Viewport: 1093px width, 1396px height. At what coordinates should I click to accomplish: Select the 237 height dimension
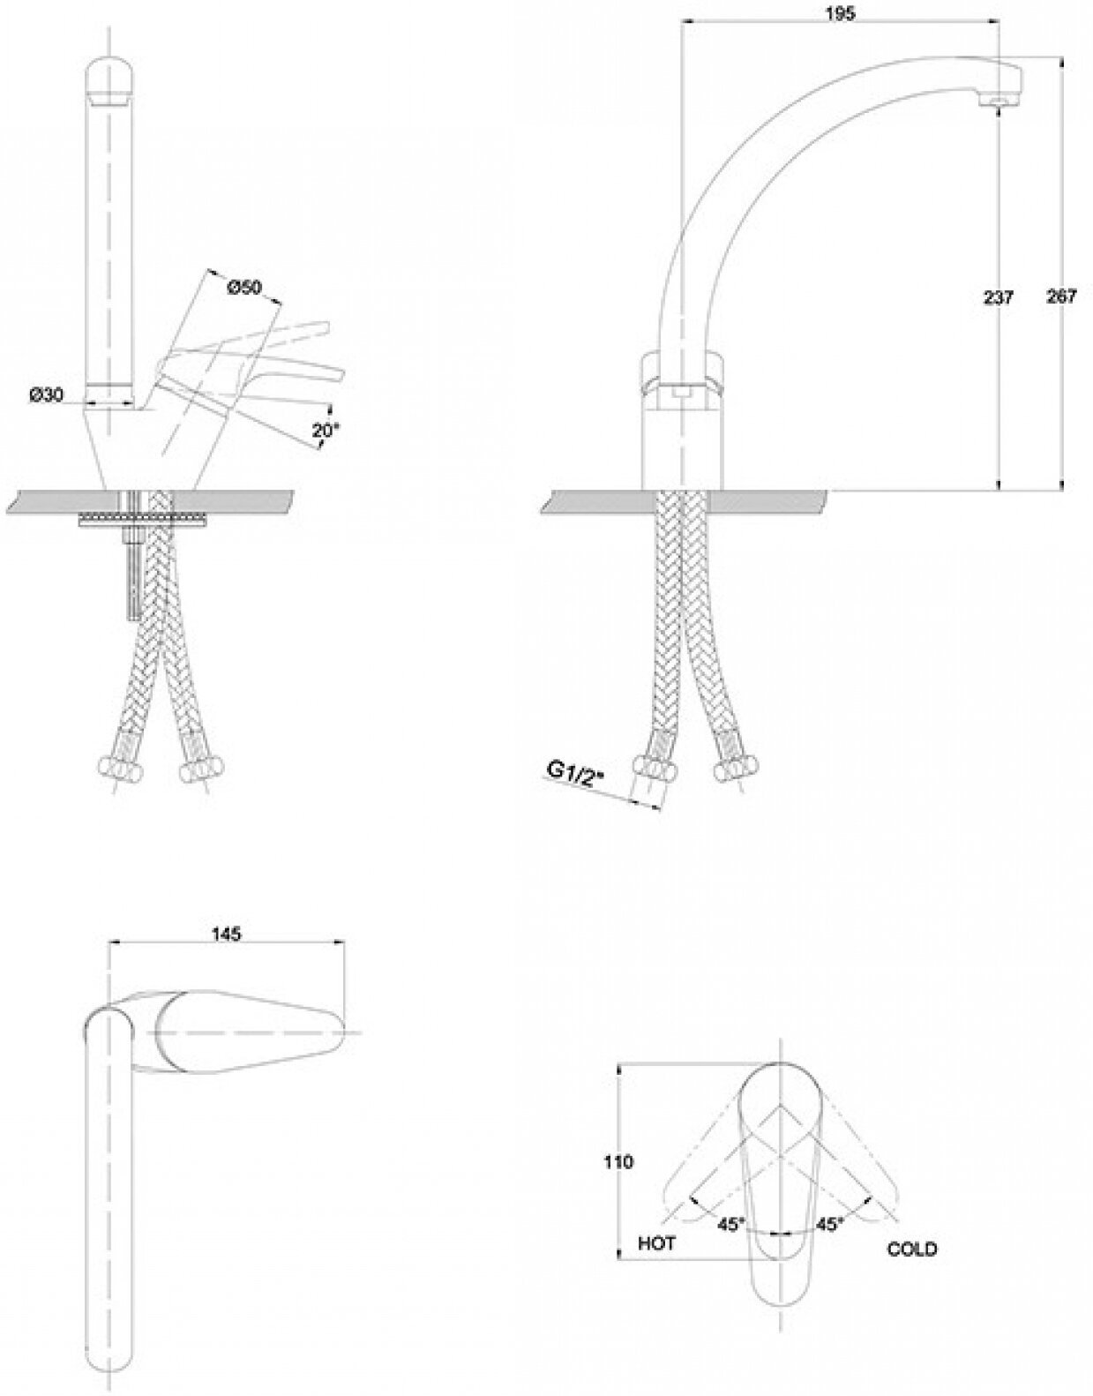(x=998, y=297)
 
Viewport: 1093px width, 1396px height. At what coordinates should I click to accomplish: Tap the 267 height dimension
(x=1061, y=297)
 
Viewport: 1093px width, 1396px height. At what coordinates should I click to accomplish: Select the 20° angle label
(x=326, y=431)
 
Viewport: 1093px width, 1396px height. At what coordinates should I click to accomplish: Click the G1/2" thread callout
(x=574, y=771)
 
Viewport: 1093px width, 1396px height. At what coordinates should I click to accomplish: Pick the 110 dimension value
(x=618, y=1162)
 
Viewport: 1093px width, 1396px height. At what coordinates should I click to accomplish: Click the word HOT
(x=656, y=1243)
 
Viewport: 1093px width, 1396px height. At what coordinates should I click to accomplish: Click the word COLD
(x=911, y=1249)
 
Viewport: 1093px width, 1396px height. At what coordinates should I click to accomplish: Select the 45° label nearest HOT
(x=730, y=1224)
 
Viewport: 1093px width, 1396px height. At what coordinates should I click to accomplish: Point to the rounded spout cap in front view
(x=110, y=79)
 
